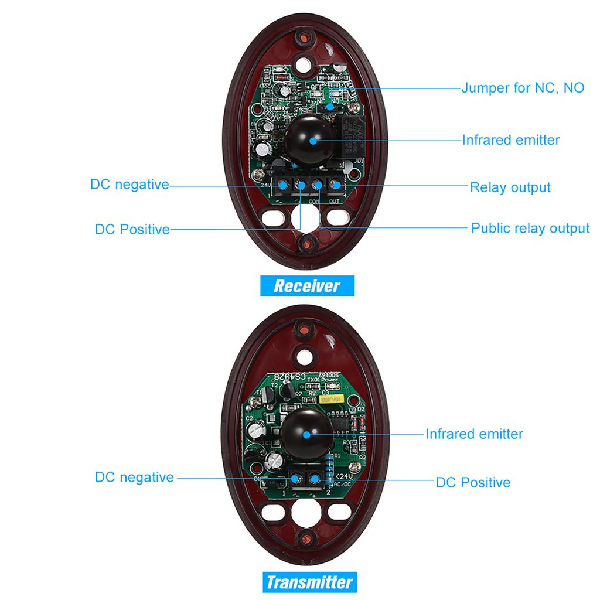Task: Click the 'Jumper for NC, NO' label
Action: coord(523,88)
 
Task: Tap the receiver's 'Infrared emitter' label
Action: coord(511,140)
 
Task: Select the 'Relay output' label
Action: coord(510,187)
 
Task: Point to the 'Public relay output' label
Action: coord(530,228)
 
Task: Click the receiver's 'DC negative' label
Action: coord(129,185)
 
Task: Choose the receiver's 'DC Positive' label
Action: coord(132,229)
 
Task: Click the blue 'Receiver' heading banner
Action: coord(307,286)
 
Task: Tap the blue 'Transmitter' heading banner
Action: coord(309,582)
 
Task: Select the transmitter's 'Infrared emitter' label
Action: coord(474,434)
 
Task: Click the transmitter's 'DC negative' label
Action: coord(134,478)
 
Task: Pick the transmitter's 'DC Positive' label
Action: coord(473,483)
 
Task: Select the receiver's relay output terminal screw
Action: coord(336,186)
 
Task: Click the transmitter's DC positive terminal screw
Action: coord(315,481)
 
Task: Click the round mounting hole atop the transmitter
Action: coord(304,355)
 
